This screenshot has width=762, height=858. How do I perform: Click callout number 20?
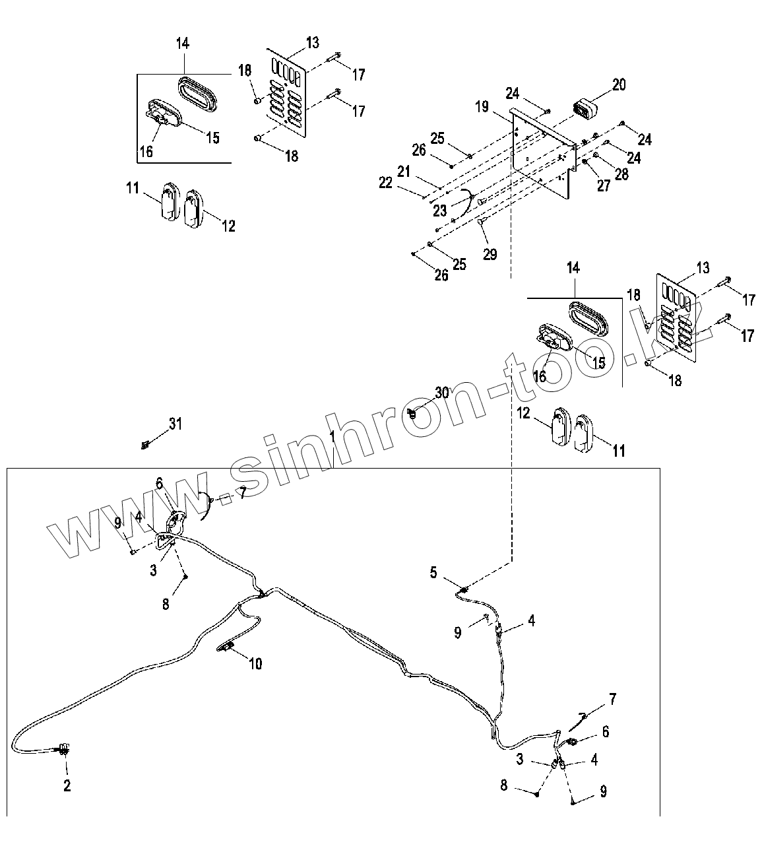tap(618, 84)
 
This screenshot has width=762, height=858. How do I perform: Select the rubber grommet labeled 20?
tap(583, 109)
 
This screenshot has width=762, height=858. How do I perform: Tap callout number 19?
tap(482, 106)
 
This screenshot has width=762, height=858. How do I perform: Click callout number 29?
tap(490, 254)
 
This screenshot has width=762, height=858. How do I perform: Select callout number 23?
tap(440, 211)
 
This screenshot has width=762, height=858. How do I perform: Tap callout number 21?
tap(404, 171)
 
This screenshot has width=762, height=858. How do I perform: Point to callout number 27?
tap(604, 185)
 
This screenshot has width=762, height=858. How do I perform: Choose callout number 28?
tap(621, 174)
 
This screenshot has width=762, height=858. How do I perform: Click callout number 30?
tap(441, 393)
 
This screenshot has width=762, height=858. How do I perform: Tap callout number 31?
tap(175, 424)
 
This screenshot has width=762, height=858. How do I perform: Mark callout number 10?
tap(255, 663)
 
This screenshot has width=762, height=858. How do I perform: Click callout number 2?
tap(67, 786)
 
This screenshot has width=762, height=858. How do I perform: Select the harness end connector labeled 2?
tap(64, 749)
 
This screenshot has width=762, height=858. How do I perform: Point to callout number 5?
tap(433, 572)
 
